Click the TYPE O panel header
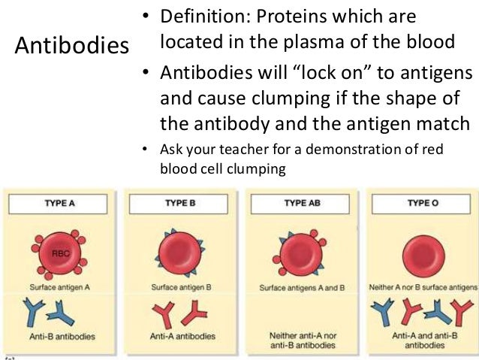coord(421,204)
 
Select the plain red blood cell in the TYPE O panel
coord(422,250)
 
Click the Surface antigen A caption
coord(60,287)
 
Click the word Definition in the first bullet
coord(200,17)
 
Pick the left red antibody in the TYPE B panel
coord(164,311)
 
